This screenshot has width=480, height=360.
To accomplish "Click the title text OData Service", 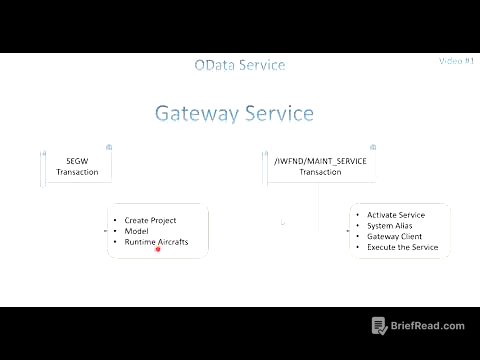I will tap(240, 66).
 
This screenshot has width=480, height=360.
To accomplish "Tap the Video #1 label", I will tap(455, 61).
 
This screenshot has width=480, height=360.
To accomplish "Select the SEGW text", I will tap(77, 160).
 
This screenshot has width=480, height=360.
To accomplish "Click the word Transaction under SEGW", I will tap(77, 172).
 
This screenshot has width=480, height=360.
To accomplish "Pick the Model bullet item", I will tap(137, 231).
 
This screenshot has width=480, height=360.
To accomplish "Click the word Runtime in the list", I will tap(141, 242).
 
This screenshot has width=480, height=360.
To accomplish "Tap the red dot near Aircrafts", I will tap(158, 250).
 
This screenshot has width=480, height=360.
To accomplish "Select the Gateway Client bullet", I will tap(396, 236).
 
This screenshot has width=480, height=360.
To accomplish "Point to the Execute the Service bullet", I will tap(403, 247).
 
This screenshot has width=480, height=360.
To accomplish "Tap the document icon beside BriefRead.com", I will tap(379, 326).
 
